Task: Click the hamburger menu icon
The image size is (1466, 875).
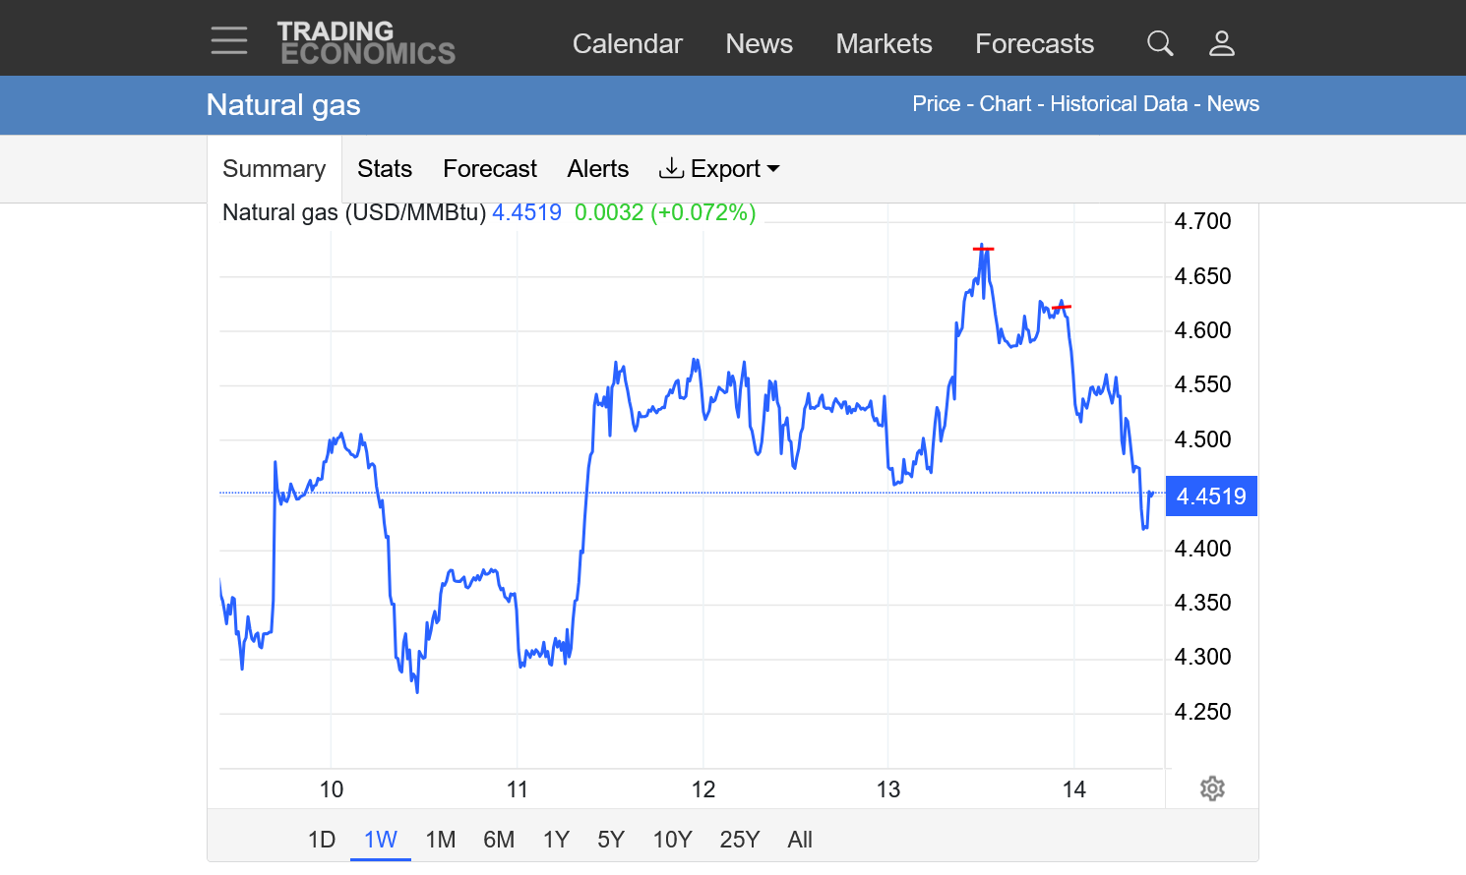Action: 229,41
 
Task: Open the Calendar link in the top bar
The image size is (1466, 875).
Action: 627,43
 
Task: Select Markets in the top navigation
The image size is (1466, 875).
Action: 884,43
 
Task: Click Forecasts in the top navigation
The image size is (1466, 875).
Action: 1034,43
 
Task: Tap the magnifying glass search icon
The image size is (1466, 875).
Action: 1160,43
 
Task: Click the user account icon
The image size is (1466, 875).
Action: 1222,43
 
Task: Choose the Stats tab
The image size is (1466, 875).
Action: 385,169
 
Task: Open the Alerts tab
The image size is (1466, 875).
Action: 597,169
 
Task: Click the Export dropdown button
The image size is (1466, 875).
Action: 719,169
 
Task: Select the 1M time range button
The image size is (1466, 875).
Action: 440,840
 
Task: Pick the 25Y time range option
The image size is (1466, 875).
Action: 739,840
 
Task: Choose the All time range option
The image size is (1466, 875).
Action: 800,840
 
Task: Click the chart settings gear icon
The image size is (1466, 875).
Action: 1212,788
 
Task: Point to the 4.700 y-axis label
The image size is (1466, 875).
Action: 1202,221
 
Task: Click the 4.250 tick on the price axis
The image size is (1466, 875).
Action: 1202,712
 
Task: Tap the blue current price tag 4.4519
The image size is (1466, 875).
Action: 1211,496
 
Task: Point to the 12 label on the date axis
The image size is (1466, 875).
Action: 702,789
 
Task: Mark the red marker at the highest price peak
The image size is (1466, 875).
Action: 983,249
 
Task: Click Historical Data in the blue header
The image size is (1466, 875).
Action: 1119,104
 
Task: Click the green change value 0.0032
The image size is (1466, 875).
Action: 608,212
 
